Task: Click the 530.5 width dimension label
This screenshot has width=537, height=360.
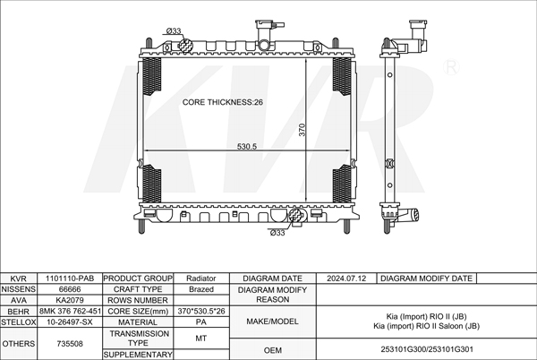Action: (247, 146)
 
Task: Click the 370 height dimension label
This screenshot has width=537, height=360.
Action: (302, 130)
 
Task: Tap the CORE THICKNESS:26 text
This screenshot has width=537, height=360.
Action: (223, 102)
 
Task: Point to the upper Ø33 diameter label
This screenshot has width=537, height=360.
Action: (174, 30)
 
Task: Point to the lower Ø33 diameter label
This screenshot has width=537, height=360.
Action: (277, 233)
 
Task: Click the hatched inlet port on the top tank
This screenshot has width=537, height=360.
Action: (185, 46)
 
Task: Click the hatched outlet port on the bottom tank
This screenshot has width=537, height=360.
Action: (296, 216)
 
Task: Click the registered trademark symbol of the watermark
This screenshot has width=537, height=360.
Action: (451, 67)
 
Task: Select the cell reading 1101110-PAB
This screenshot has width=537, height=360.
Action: (70, 279)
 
